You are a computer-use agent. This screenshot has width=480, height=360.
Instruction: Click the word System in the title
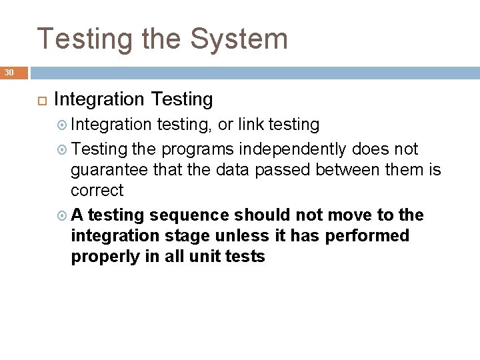click(x=239, y=39)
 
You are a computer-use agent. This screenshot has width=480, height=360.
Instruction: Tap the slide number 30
click(x=9, y=73)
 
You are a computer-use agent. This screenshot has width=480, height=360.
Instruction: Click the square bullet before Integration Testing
click(x=39, y=101)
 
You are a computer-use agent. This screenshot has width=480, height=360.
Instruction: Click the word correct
click(x=97, y=191)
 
